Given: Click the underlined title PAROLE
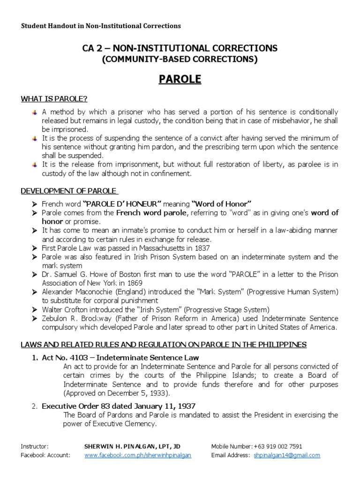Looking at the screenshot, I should click(x=180, y=79).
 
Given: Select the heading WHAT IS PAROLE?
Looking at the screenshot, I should click(x=54, y=98).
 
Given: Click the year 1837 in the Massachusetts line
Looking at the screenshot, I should click(x=202, y=248).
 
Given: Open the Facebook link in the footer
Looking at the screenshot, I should click(x=138, y=455).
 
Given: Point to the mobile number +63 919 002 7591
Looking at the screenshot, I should click(x=277, y=446).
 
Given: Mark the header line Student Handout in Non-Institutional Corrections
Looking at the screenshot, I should click(x=101, y=26).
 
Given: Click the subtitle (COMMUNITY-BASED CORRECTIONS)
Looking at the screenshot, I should click(x=180, y=59).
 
